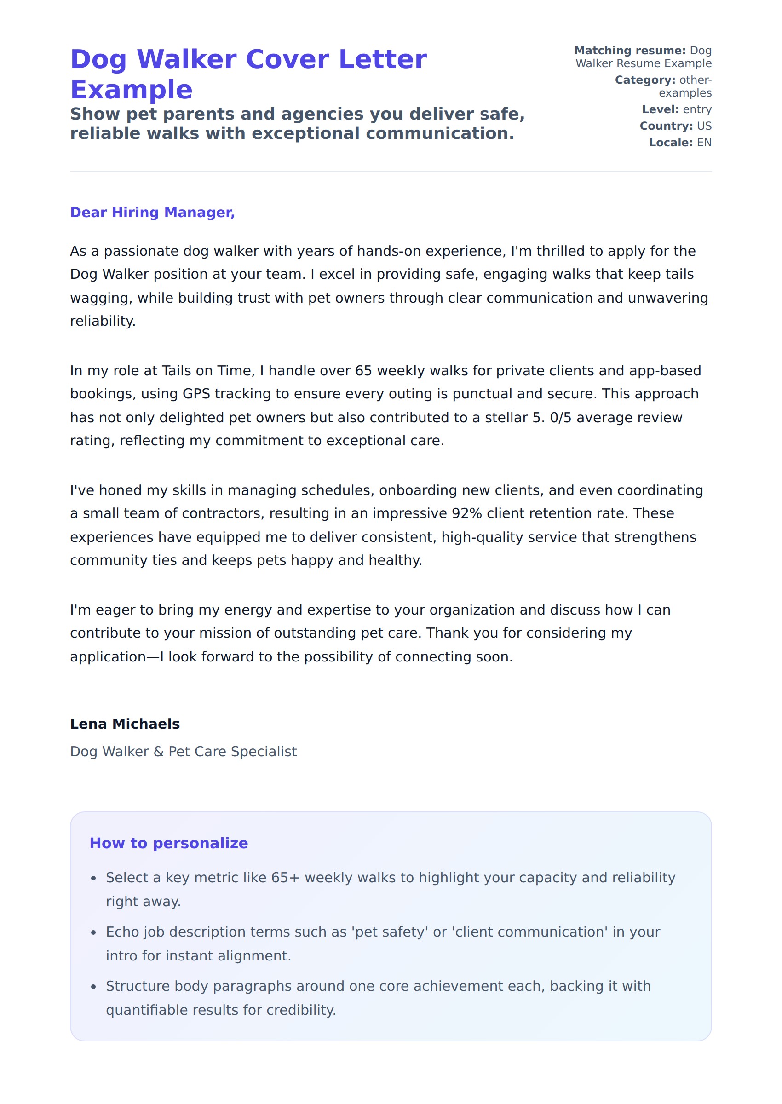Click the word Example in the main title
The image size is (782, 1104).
click(131, 90)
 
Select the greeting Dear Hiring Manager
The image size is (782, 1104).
click(152, 213)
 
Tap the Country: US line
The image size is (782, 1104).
click(675, 126)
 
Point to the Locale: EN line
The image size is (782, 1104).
click(680, 143)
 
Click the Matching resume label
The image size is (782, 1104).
click(629, 51)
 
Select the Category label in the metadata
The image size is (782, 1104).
click(645, 80)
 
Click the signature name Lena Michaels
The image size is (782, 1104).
click(125, 724)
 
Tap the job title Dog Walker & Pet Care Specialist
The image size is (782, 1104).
click(183, 752)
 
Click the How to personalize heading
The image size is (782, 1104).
click(168, 843)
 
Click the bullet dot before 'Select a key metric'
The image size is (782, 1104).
click(93, 879)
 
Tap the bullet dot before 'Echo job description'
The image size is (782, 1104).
click(93, 932)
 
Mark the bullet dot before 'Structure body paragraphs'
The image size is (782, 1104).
click(93, 987)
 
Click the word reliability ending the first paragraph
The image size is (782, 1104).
click(103, 321)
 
